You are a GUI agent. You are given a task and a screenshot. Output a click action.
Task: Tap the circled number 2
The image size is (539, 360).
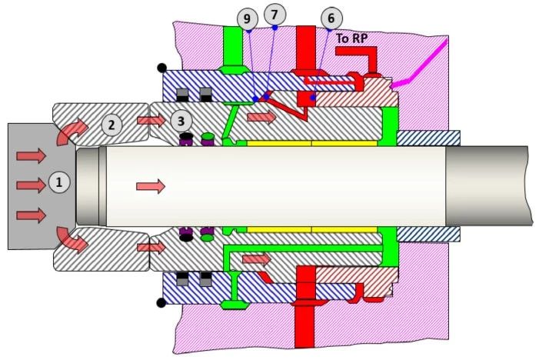(112, 123)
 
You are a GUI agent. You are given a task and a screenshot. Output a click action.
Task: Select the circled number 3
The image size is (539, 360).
(180, 121)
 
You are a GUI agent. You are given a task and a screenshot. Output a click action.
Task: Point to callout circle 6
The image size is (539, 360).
(331, 18)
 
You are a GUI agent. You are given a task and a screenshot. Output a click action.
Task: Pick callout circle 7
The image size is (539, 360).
(274, 14)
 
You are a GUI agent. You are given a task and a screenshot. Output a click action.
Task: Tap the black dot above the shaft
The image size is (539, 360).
(161, 67)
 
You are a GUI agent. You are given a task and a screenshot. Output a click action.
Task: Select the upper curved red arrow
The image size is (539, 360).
(74, 130)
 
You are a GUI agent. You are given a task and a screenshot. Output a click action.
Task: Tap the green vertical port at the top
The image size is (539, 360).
(231, 46)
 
